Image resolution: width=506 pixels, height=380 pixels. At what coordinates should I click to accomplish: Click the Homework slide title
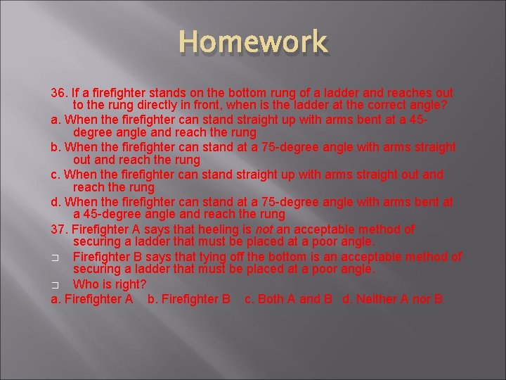(252, 42)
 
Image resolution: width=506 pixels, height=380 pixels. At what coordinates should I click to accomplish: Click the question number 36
(59, 93)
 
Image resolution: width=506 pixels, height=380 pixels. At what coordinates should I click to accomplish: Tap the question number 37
(59, 229)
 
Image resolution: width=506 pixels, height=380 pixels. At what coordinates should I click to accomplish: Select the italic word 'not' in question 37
(264, 229)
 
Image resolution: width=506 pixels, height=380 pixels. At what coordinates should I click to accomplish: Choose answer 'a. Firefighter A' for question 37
(92, 299)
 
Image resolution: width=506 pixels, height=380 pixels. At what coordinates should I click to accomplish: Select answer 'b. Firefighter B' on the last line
(189, 299)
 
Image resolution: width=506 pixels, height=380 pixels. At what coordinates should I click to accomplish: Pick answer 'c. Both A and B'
(288, 299)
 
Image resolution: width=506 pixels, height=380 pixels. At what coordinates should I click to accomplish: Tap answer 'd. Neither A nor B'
(392, 299)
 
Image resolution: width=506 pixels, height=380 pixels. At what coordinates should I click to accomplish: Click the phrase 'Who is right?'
(110, 285)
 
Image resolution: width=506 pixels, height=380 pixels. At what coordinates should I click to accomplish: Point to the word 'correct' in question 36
(377, 106)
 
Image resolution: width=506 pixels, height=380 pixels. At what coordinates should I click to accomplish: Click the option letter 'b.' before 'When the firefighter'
(56, 147)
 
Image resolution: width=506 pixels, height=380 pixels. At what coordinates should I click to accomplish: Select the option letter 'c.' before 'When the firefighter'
(56, 175)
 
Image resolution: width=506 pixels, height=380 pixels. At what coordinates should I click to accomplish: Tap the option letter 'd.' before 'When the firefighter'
(56, 202)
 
